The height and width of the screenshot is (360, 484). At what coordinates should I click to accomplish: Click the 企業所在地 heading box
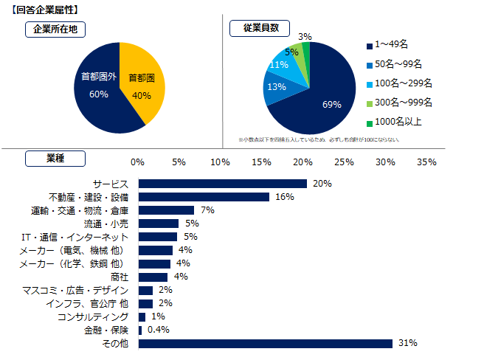(55, 30)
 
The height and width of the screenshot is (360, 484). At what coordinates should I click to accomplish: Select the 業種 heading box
(55, 158)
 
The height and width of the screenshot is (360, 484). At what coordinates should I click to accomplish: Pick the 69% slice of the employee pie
(325, 100)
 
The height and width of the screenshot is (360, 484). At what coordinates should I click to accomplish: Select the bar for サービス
(222, 184)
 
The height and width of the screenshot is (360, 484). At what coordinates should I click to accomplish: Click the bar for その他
(265, 343)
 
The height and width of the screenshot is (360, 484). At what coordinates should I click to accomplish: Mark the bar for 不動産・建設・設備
(204, 197)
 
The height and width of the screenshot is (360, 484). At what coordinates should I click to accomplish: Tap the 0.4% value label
(159, 330)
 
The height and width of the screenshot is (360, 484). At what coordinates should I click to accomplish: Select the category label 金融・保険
(107, 330)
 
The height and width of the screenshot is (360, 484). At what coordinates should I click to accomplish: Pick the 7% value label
(207, 210)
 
